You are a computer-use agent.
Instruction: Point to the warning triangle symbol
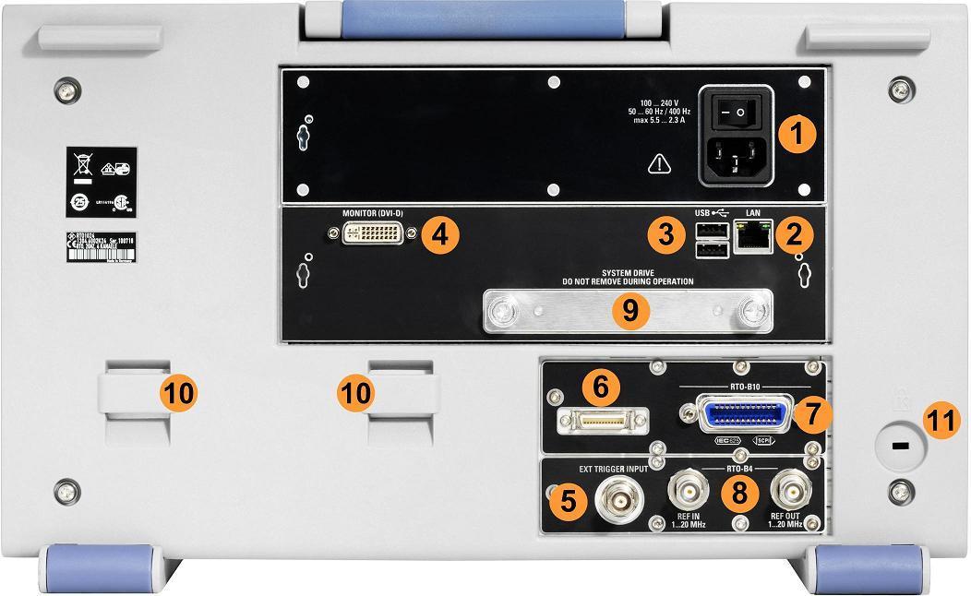tap(658, 163)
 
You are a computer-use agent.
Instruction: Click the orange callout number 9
tap(629, 310)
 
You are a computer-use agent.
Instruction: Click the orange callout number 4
tap(440, 235)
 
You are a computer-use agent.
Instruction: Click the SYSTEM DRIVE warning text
tap(628, 277)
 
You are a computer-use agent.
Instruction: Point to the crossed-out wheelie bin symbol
tap(83, 167)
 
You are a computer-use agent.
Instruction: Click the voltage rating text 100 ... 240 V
tap(660, 102)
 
